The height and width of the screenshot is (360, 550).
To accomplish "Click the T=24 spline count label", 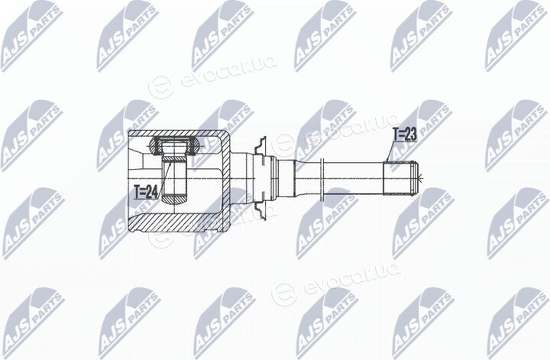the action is point(146,192).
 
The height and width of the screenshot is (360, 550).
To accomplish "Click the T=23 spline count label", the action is point(404,135).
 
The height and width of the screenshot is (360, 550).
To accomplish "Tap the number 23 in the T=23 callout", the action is point(410,135).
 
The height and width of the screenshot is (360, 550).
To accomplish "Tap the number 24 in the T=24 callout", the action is point(150,192).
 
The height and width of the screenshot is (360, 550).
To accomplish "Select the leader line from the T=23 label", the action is point(390,151).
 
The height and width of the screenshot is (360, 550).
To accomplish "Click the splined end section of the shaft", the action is point(400,178).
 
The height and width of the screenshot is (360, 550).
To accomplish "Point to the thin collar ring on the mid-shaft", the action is point(322,178).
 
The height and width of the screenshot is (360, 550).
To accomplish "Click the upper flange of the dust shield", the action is point(260,148).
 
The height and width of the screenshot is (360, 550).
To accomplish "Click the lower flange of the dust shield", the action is point(260,209).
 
